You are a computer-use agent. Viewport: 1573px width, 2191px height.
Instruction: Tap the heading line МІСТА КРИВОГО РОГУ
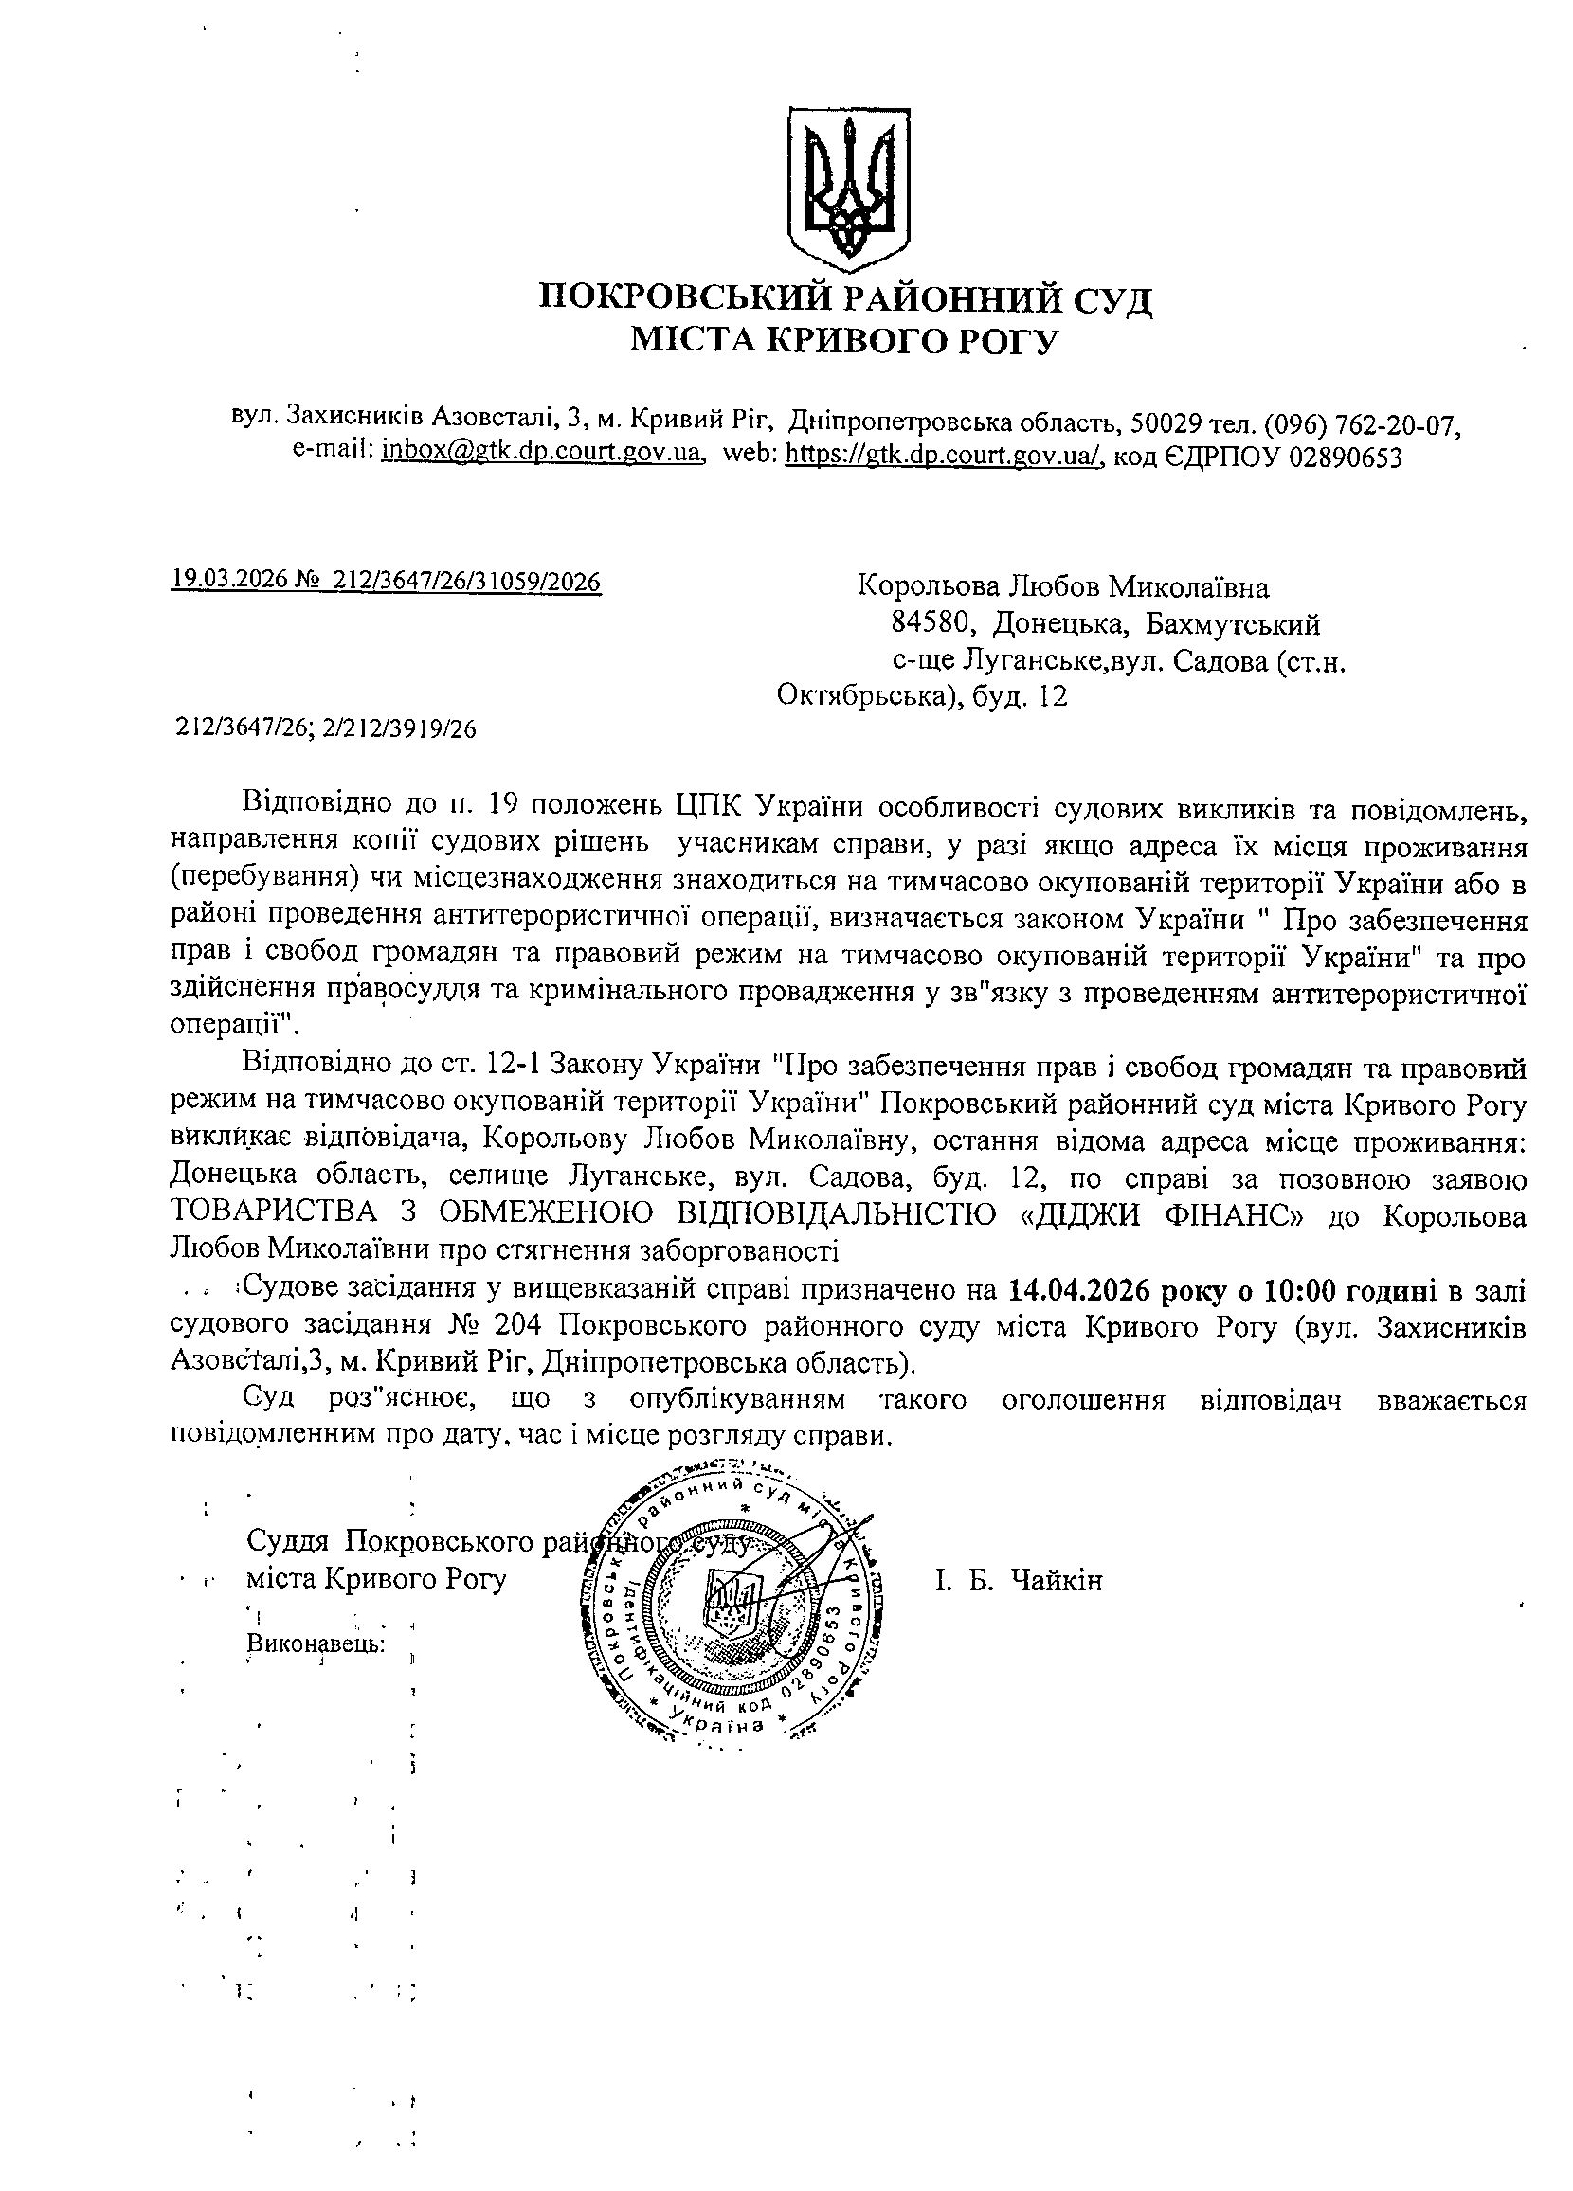845,340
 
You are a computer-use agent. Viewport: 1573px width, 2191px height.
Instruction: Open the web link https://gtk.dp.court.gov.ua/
942,453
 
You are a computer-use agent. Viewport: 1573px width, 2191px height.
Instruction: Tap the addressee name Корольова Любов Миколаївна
1063,586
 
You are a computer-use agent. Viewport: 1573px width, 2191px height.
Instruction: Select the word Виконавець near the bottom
316,1643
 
